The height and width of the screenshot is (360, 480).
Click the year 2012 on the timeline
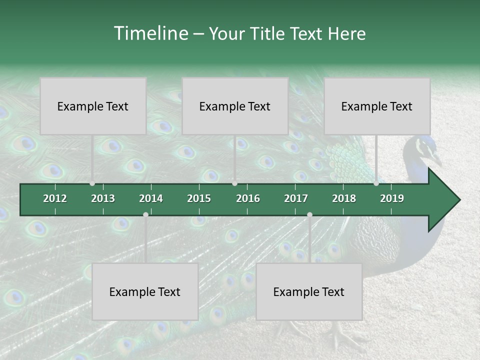[x=55, y=198]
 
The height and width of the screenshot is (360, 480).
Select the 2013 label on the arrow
[x=103, y=198]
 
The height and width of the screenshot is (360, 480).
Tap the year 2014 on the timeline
[x=151, y=198]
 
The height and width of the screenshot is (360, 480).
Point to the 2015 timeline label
[x=199, y=198]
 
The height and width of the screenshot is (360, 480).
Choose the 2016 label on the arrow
[x=248, y=198]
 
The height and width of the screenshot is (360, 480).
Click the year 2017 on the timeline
[x=296, y=198]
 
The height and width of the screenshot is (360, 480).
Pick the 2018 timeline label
[x=344, y=198]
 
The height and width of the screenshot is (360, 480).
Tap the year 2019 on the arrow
[x=392, y=198]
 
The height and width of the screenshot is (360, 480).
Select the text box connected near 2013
[x=93, y=106]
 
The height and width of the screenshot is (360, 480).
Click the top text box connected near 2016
[x=235, y=106]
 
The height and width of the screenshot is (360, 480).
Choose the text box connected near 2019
[x=377, y=106]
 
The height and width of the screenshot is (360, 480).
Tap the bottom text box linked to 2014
[x=145, y=291]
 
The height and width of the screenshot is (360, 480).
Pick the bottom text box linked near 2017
[x=309, y=291]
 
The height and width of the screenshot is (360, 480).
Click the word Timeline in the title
[x=150, y=33]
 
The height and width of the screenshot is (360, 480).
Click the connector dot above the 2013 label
[x=92, y=183]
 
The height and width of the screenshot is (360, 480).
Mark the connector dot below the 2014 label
[x=145, y=214]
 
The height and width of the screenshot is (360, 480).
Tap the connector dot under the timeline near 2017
[x=309, y=214]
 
